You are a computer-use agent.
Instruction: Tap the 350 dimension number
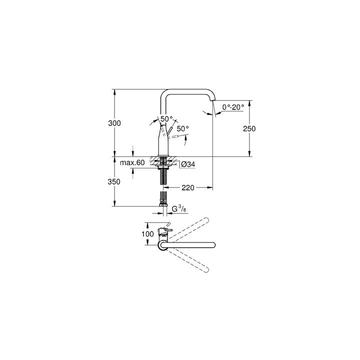point(114,182)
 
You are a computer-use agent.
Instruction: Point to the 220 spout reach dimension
point(187,187)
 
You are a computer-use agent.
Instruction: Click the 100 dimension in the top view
point(147,234)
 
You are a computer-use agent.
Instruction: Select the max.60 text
point(132,163)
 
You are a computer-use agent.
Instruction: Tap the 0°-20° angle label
point(233,106)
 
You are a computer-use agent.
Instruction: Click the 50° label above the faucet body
point(166,119)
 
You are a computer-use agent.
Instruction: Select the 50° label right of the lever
point(183,128)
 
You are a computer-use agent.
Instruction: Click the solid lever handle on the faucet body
point(169,131)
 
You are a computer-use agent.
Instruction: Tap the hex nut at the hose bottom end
point(162,202)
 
